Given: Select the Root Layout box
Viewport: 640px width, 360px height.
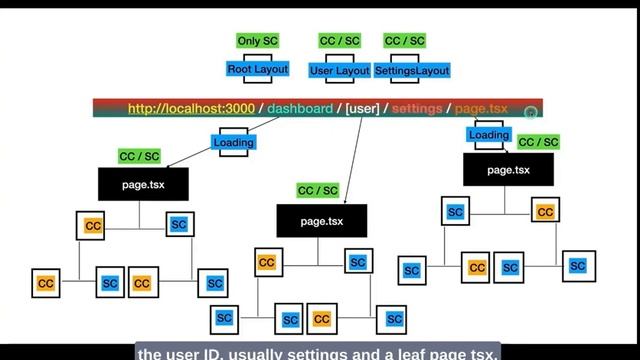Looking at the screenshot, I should tap(257, 69).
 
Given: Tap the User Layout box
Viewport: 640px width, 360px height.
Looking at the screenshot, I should tap(339, 71).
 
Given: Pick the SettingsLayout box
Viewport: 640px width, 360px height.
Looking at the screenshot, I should tap(412, 71).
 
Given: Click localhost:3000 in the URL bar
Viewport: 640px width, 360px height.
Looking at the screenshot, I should tap(184, 108).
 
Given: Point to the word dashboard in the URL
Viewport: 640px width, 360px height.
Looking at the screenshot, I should tap(300, 108).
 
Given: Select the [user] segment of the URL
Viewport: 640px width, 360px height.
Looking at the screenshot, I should tap(362, 108).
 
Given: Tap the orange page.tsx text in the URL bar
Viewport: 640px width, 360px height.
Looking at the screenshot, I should tap(481, 108).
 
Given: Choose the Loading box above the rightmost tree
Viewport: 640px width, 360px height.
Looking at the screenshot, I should tap(488, 135).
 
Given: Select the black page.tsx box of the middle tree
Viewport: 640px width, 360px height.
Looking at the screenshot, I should tap(322, 220).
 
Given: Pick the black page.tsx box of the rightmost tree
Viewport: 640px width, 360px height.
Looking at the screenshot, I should tap(508, 170).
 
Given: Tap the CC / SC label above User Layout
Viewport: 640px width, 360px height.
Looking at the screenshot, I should tap(339, 41).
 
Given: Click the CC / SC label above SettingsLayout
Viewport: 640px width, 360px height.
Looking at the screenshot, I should tap(404, 41).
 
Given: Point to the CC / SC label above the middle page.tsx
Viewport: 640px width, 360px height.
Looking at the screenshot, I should tap(318, 190).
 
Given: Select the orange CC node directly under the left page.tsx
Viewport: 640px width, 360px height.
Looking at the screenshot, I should tap(93, 226).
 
